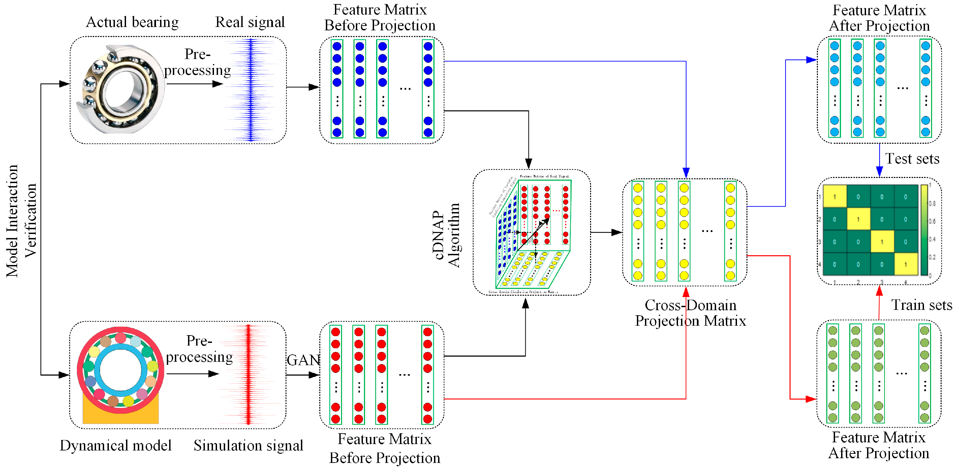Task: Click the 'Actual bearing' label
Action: click(132, 22)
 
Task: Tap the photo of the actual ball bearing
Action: click(121, 89)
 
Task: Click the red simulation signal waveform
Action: click(248, 375)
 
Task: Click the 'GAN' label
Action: click(303, 360)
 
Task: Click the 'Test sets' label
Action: click(912, 159)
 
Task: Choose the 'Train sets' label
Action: click(921, 305)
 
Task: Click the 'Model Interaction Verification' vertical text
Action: click(21, 221)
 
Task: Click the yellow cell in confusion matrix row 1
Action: click(834, 196)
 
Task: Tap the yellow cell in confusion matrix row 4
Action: click(905, 264)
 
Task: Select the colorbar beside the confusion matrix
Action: click(924, 230)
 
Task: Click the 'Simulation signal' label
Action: click(248, 445)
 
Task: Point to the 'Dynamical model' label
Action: click(116, 445)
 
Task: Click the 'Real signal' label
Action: click(250, 22)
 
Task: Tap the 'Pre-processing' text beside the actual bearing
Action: click(197, 62)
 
